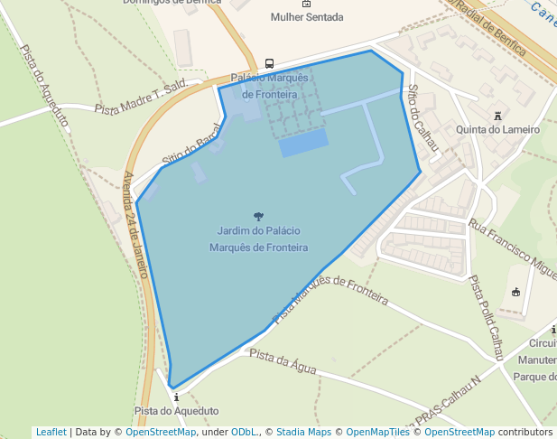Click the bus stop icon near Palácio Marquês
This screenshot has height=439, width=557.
tap(269, 63)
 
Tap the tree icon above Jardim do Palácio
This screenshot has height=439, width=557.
tap(259, 216)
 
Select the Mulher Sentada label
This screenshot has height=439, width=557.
tap(306, 17)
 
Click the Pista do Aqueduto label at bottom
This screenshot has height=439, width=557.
tap(176, 411)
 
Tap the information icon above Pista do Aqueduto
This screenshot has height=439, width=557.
tap(176, 397)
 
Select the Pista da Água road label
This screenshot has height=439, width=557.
tap(283, 360)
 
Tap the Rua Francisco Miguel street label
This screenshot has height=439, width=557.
tap(512, 249)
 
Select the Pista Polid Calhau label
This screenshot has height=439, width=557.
tap(486, 318)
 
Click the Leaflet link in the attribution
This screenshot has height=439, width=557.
tap(51, 432)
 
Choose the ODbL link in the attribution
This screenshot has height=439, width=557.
tap(244, 432)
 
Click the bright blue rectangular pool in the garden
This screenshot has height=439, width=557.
tap(302, 142)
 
